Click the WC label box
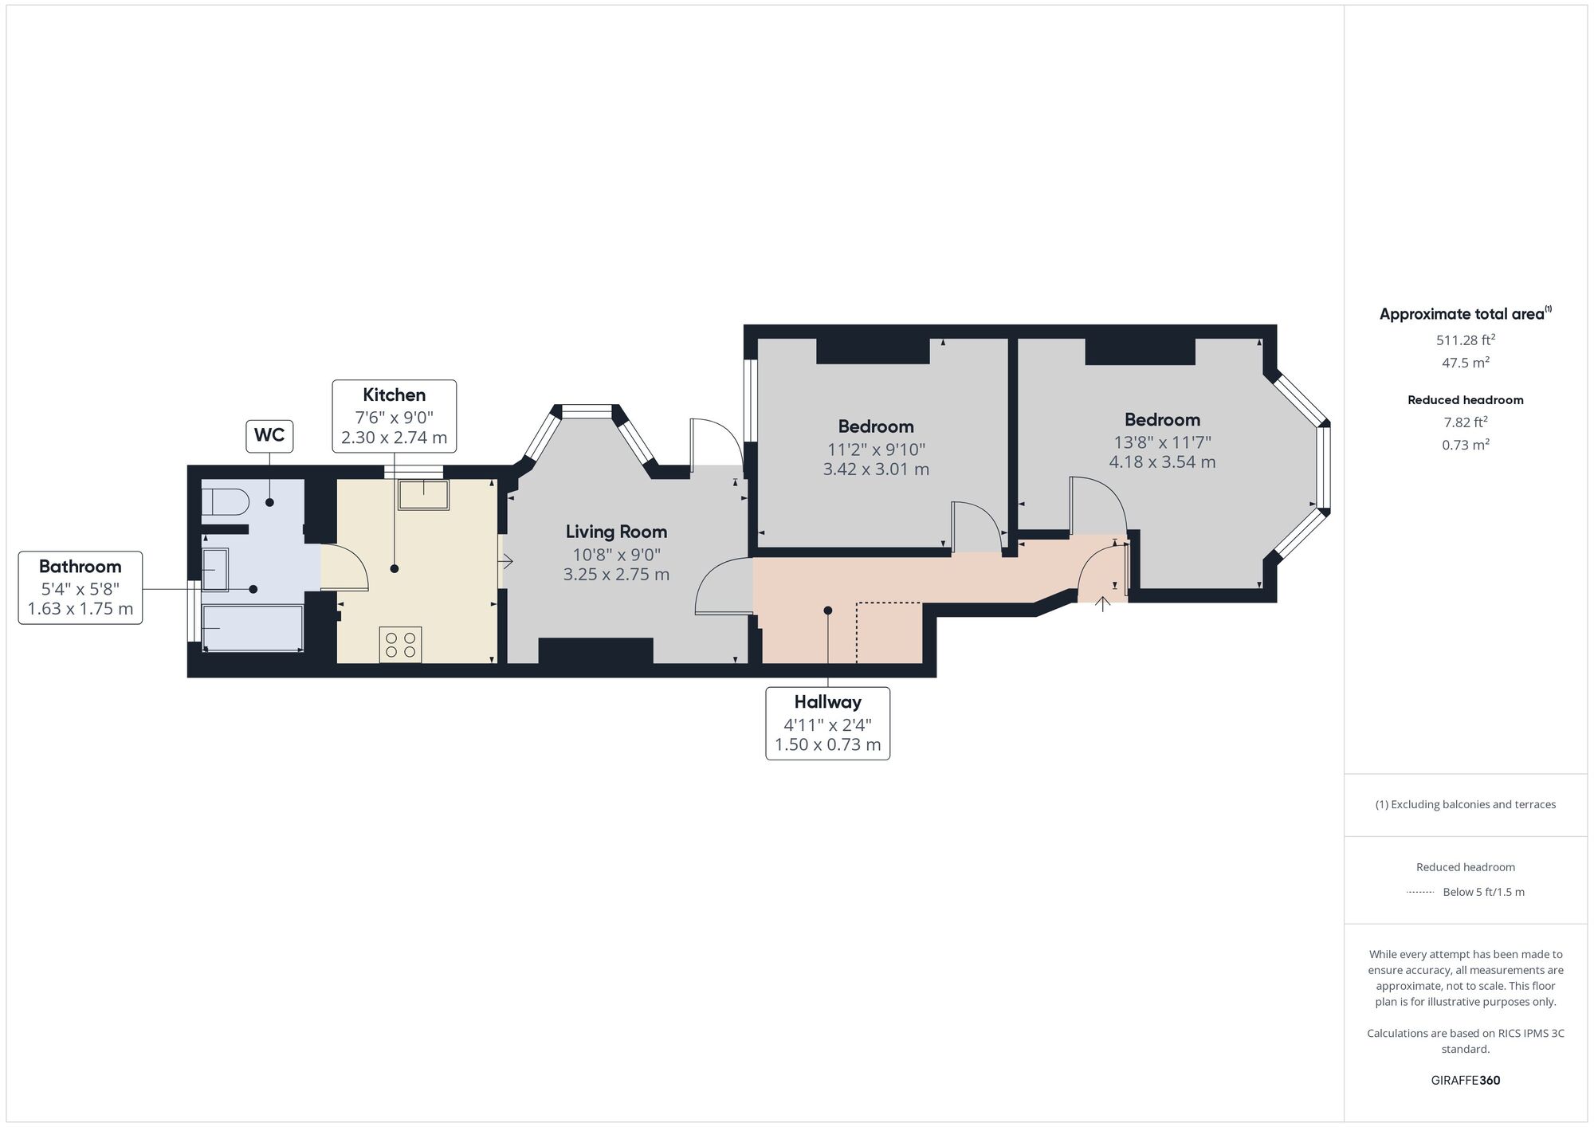[x=269, y=435]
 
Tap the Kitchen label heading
[x=395, y=395]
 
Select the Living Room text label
[x=616, y=532]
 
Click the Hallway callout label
[x=828, y=723]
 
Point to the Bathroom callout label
[x=80, y=587]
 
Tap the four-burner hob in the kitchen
[x=401, y=644]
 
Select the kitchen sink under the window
[x=424, y=494]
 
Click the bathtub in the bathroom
[x=253, y=628]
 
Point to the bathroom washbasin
[x=214, y=570]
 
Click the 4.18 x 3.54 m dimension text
[x=1162, y=461]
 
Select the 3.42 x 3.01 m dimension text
[x=876, y=469]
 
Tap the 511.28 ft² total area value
[x=1466, y=340]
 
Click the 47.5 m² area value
[x=1466, y=362]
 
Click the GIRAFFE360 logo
[x=1466, y=1081]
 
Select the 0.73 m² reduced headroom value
[x=1466, y=445]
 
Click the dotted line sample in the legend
[x=1420, y=892]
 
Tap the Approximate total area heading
[x=1466, y=314]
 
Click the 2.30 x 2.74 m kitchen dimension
[x=395, y=438]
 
